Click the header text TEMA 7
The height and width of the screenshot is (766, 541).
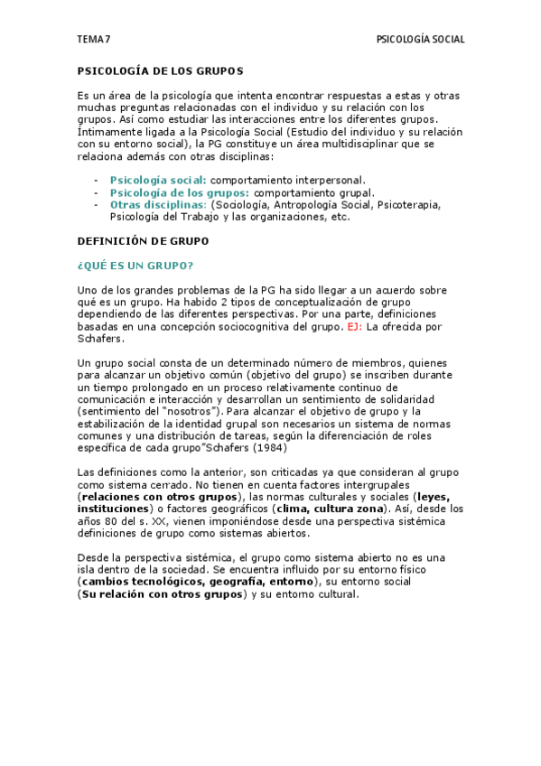(93, 40)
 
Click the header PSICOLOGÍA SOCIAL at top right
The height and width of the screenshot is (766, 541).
(420, 40)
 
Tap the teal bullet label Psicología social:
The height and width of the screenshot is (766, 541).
(157, 180)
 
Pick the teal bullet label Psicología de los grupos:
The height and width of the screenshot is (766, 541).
(180, 192)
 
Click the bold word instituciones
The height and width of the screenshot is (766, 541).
(112, 509)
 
